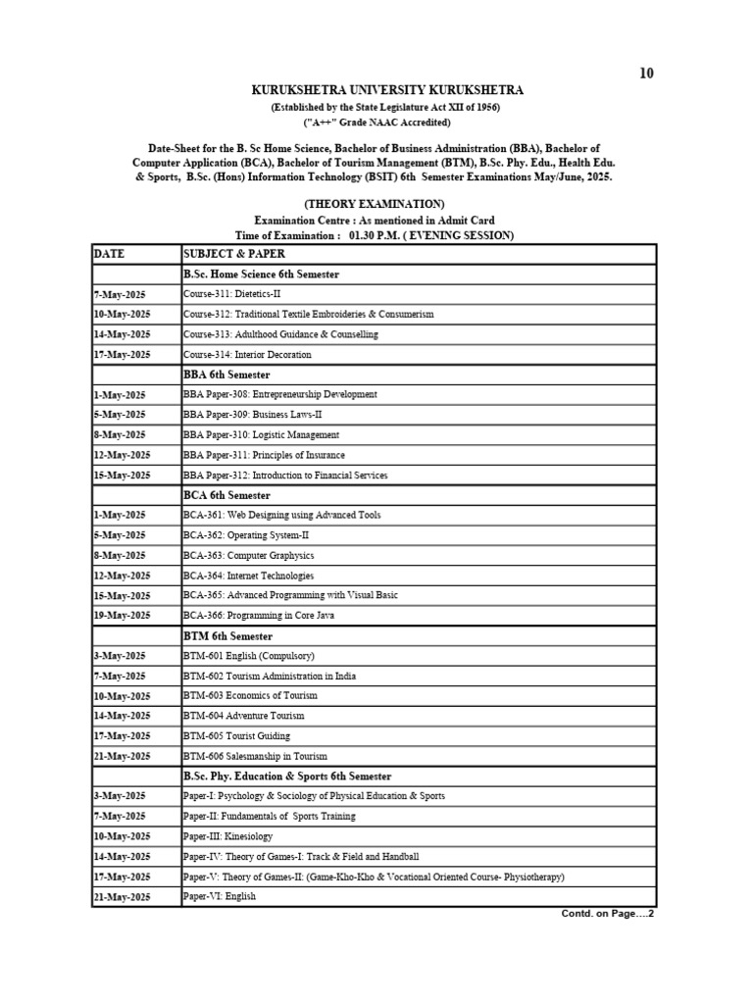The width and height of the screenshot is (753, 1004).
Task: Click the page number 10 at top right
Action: coord(646,74)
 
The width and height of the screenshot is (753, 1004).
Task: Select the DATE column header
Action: coord(111,254)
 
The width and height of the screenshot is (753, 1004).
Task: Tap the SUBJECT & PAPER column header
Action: coord(228,254)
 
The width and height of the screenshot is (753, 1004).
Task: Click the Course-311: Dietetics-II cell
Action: coord(232,294)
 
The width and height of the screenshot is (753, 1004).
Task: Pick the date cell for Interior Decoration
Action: coord(122,355)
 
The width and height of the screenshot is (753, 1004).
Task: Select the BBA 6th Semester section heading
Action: coord(226,375)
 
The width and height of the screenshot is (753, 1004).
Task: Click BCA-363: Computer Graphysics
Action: coord(249,556)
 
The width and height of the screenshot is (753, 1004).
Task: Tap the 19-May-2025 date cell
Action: coord(122,616)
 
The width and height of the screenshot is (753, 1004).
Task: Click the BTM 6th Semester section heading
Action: coord(227,636)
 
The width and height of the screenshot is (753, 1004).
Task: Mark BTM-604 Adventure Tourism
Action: coord(243,716)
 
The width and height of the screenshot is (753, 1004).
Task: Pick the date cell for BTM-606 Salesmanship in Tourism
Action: coord(122,756)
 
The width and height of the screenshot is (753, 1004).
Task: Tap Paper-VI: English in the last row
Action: coord(220,896)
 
